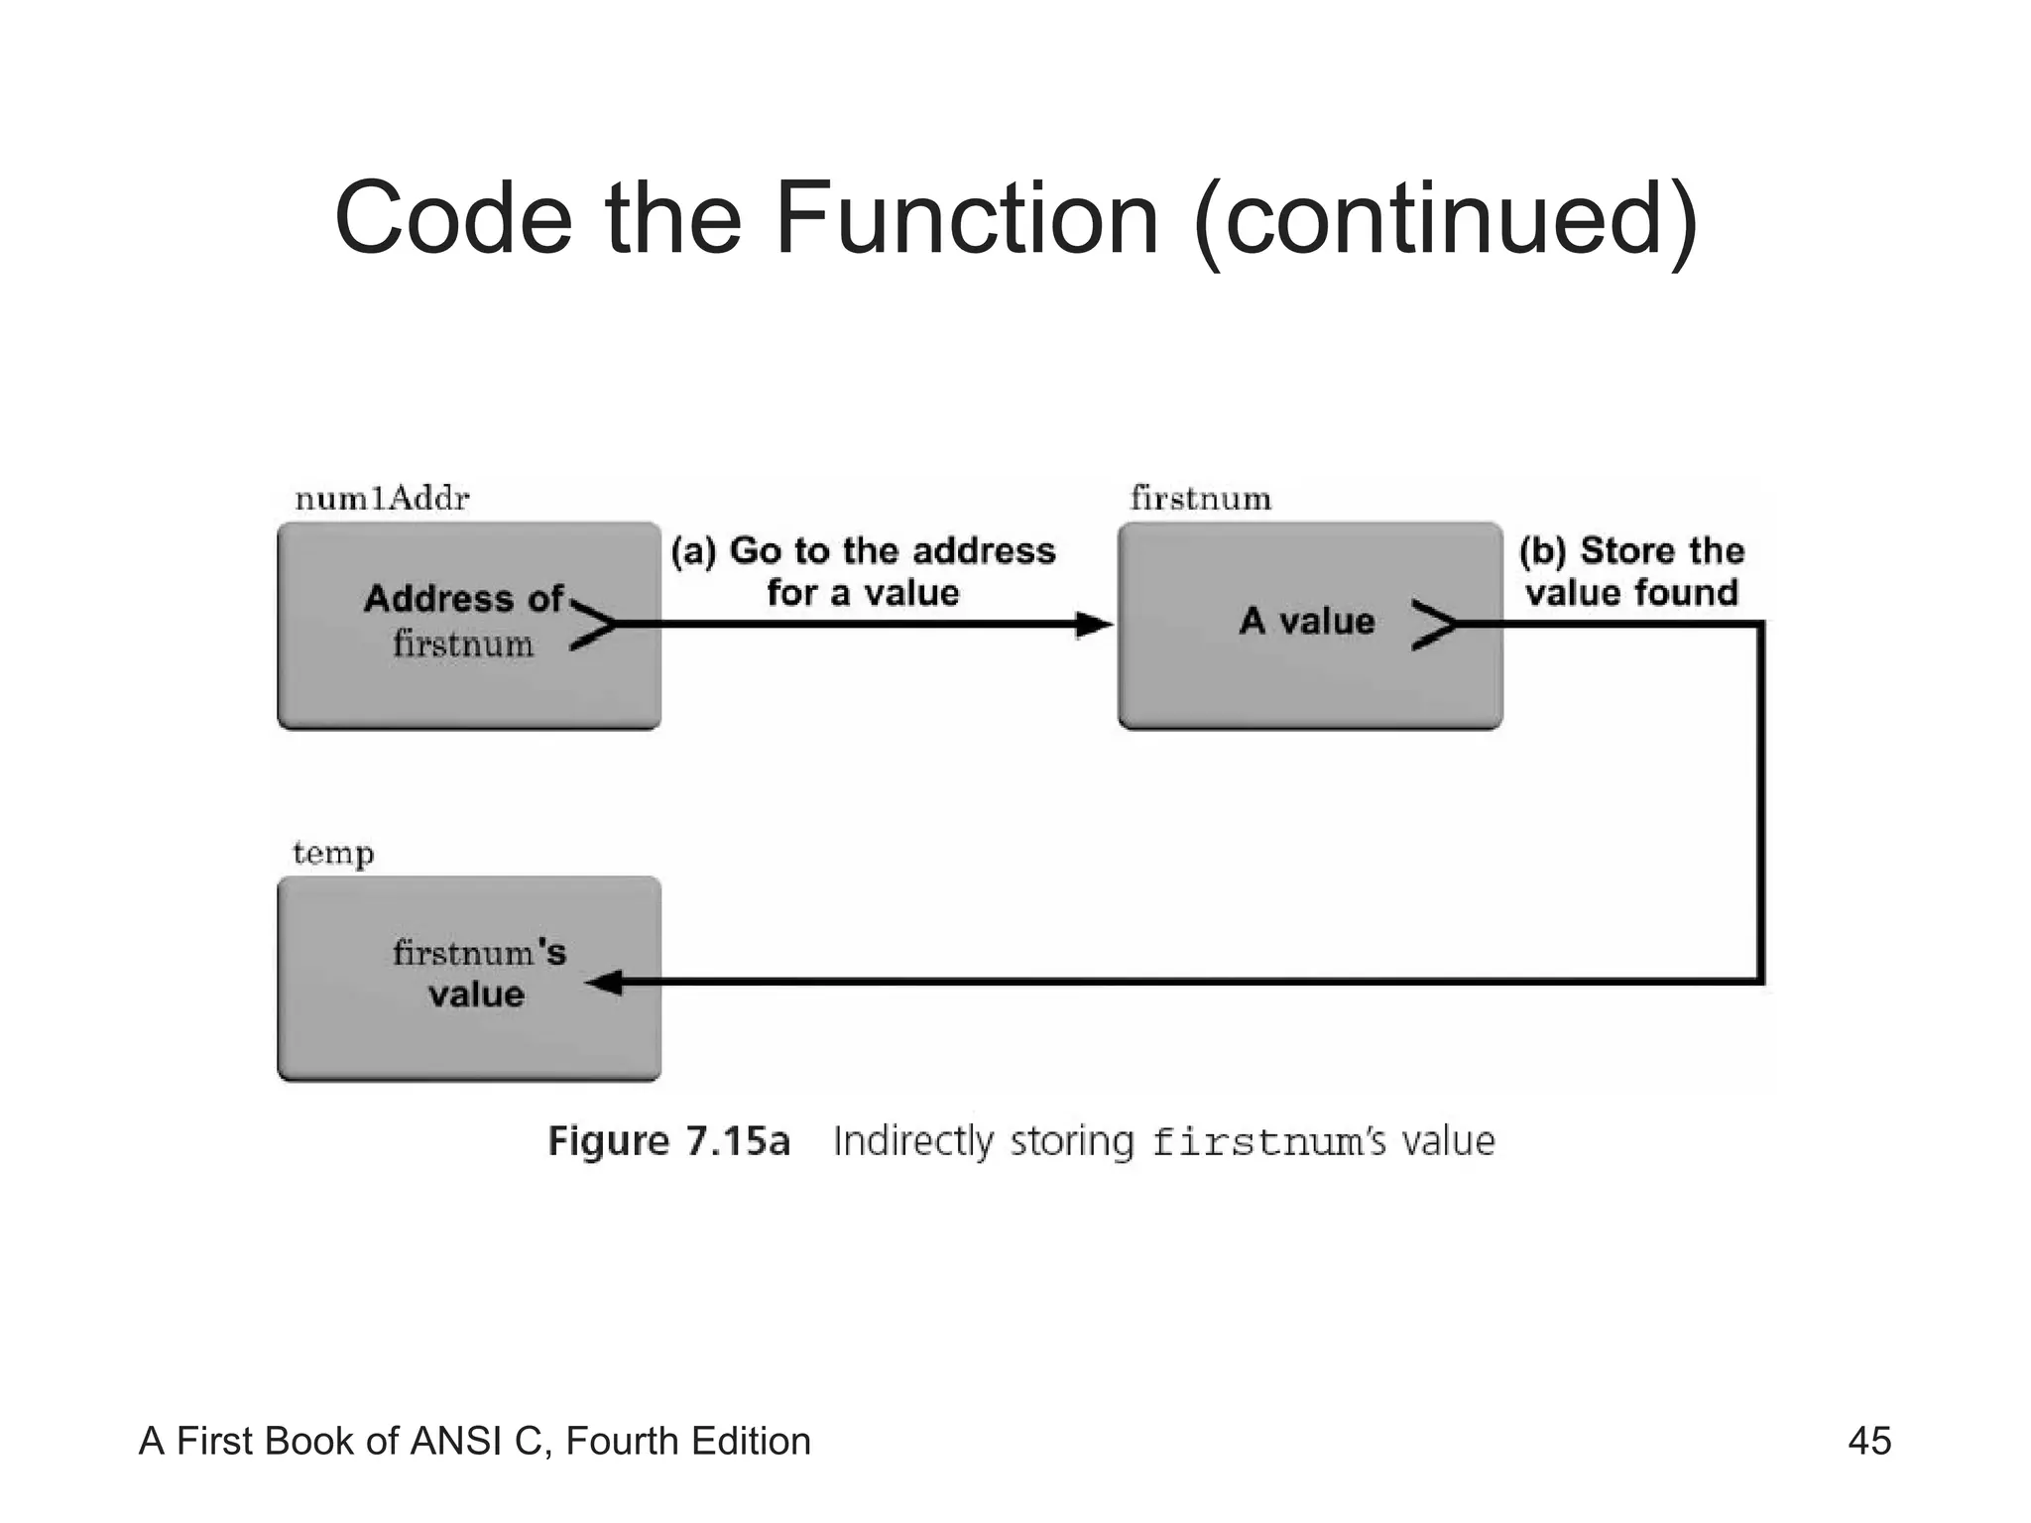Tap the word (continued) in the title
[x=1447, y=219]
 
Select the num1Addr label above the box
[x=382, y=498]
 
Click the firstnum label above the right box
[x=1200, y=498]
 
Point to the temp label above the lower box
[x=333, y=854]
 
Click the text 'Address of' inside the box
[x=463, y=598]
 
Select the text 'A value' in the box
[x=1306, y=622]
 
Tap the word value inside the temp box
[x=476, y=995]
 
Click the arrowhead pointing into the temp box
[x=604, y=983]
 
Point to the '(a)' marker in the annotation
[x=694, y=550]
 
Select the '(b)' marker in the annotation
[x=1542, y=550]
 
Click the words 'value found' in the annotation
[x=1631, y=593]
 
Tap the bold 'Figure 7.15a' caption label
[x=668, y=1141]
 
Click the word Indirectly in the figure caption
[x=912, y=1141]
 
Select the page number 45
[x=1869, y=1441]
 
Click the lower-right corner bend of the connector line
[x=1760, y=982]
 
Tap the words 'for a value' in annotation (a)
[x=863, y=593]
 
